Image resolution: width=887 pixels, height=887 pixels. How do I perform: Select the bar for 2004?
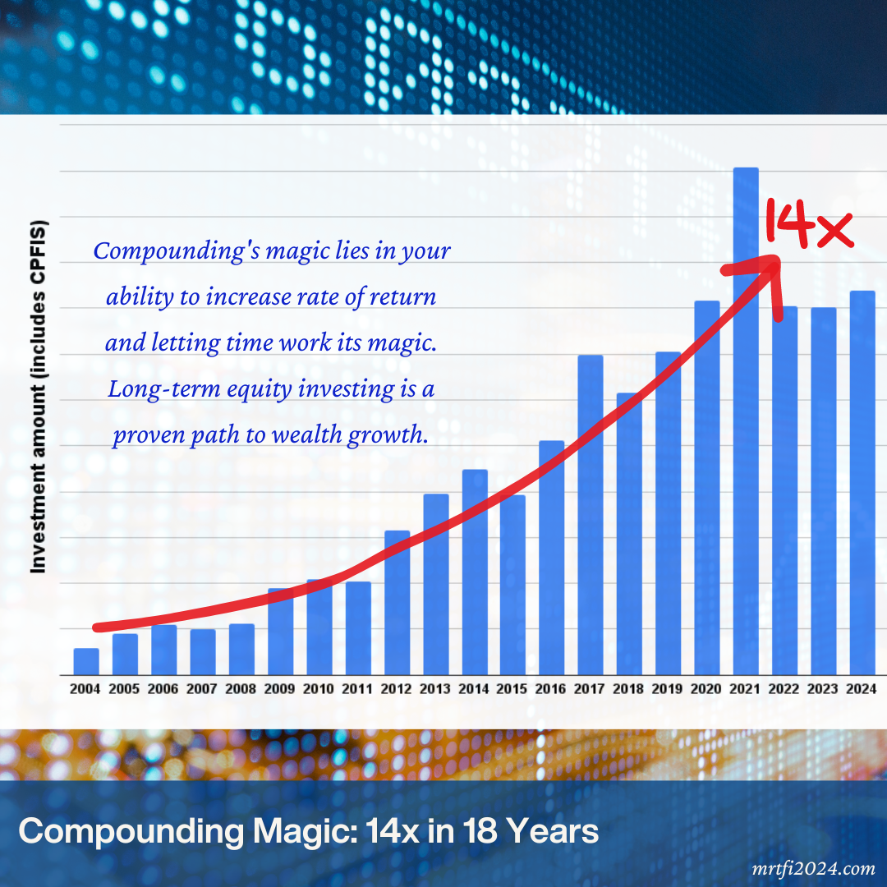tap(86, 661)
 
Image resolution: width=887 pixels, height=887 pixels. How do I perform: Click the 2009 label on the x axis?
tap(280, 690)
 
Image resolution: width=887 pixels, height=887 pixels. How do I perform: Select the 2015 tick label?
tap(512, 690)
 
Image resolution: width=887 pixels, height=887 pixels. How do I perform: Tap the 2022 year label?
tap(784, 690)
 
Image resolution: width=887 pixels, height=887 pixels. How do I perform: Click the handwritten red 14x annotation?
tap(809, 224)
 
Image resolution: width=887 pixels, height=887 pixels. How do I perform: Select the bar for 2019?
tap(668, 513)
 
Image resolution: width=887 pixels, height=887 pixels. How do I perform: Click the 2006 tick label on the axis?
tap(163, 690)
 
